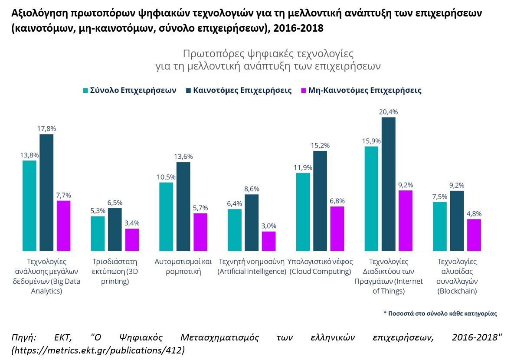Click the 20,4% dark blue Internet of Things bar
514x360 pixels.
coord(388,184)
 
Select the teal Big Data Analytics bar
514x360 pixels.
coord(29,206)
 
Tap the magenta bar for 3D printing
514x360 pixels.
coord(132,239)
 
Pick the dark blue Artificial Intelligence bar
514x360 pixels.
coord(252,222)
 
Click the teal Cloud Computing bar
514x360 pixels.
coord(303,212)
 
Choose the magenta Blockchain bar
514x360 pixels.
coord(474,235)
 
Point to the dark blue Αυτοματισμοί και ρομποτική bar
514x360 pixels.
coord(183,206)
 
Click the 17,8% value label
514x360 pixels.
coord(47,128)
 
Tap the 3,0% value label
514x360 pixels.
coord(268,226)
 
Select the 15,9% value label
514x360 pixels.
coord(371,141)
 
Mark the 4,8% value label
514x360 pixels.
coord(474,213)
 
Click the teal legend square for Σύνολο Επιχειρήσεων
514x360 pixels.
coord(86,91)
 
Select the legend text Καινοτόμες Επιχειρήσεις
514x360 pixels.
coord(242,91)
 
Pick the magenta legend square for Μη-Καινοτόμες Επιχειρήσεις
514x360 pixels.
coord(303,91)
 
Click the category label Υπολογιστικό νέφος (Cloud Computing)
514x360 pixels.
coord(321,266)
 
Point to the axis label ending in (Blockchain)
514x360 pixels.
coord(457,276)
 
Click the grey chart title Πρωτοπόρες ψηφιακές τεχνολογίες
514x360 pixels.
coord(268,54)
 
